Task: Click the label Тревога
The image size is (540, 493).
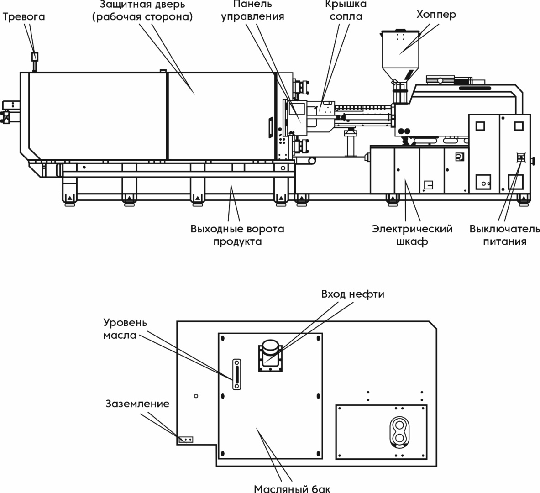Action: tap(24, 17)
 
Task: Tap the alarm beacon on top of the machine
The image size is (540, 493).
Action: tap(35, 57)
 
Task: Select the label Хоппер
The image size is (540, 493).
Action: tap(435, 15)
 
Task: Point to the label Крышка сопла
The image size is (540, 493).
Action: tap(346, 10)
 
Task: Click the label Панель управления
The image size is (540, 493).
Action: tap(252, 10)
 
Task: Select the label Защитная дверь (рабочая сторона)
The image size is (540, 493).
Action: tap(142, 10)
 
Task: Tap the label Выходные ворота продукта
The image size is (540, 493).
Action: tap(237, 235)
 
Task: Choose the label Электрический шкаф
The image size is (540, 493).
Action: tap(412, 235)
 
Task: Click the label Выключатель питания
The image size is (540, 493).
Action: tap(504, 235)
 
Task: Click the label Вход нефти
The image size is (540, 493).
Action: tap(352, 294)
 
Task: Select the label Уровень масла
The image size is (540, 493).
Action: tap(125, 329)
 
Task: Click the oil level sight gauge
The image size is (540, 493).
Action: tap(236, 374)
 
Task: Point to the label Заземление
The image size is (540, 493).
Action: tap(137, 404)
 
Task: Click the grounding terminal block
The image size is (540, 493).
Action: tap(185, 440)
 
